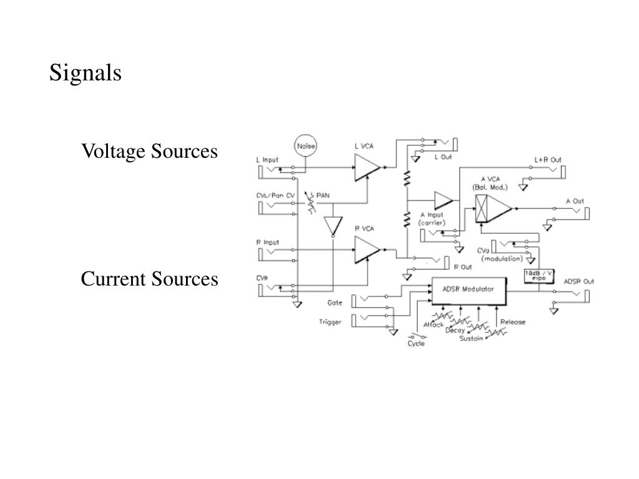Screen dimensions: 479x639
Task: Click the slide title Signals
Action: (x=85, y=73)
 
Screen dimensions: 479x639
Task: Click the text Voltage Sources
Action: (x=149, y=151)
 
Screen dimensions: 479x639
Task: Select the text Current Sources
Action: (x=149, y=279)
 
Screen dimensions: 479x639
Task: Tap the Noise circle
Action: (x=306, y=146)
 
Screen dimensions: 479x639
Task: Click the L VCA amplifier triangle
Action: (x=366, y=167)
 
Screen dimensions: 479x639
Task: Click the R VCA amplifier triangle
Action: (x=366, y=251)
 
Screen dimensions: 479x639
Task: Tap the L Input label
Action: (x=268, y=160)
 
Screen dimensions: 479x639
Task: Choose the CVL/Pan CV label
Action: (x=275, y=195)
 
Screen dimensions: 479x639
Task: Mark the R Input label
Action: (x=268, y=242)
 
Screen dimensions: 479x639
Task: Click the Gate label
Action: (x=334, y=302)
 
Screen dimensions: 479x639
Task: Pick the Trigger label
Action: (x=330, y=322)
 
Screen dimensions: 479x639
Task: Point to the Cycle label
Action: (x=416, y=344)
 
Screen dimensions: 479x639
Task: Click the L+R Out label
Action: (x=547, y=160)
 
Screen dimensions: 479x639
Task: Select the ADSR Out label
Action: (x=578, y=281)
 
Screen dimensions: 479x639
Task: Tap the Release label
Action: (x=512, y=322)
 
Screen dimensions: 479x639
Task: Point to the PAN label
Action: (x=323, y=195)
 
